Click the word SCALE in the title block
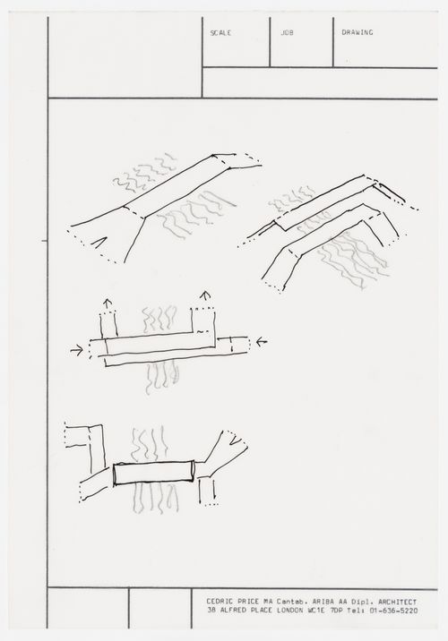[220, 32]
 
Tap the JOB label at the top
[287, 32]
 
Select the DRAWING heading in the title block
[358, 32]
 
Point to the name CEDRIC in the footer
[221, 602]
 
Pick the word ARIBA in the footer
[314, 602]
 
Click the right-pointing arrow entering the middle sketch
[79, 350]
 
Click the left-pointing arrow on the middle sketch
[260, 341]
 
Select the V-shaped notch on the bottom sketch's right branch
[236, 439]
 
